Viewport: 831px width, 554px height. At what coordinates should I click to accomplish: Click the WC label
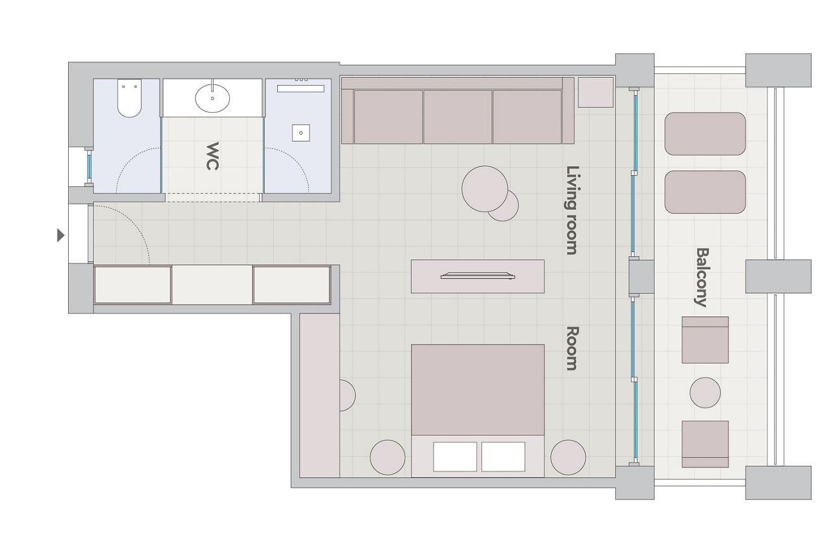[x=212, y=156]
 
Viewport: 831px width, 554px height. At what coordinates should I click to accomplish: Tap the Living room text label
[x=572, y=210]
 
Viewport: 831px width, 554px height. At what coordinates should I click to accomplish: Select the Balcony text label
[x=702, y=278]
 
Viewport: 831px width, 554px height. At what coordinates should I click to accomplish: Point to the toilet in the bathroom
[x=129, y=98]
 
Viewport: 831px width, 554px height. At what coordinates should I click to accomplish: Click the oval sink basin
[x=212, y=98]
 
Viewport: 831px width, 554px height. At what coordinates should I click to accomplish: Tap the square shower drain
[x=301, y=133]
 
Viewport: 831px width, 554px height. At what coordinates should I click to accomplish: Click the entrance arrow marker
[x=61, y=235]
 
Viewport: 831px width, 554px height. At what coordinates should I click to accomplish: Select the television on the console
[x=478, y=276]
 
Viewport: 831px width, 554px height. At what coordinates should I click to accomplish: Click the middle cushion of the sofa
[x=458, y=117]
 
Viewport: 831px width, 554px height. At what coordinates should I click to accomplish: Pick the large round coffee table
[x=484, y=189]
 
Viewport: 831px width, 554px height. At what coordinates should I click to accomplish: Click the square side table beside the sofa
[x=596, y=92]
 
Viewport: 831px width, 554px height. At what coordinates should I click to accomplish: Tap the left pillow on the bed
[x=455, y=457]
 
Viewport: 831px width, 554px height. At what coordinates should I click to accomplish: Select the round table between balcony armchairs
[x=705, y=392]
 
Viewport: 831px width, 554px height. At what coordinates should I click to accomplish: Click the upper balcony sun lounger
[x=705, y=134]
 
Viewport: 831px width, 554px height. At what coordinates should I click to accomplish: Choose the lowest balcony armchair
[x=705, y=444]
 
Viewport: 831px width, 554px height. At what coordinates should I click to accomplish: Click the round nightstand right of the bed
[x=568, y=457]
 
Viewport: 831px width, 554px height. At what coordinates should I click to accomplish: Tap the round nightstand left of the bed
[x=388, y=457]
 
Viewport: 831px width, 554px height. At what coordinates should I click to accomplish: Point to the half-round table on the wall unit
[x=347, y=395]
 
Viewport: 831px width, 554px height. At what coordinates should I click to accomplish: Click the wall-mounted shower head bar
[x=301, y=88]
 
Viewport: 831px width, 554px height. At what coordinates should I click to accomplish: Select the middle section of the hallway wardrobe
[x=212, y=285]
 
